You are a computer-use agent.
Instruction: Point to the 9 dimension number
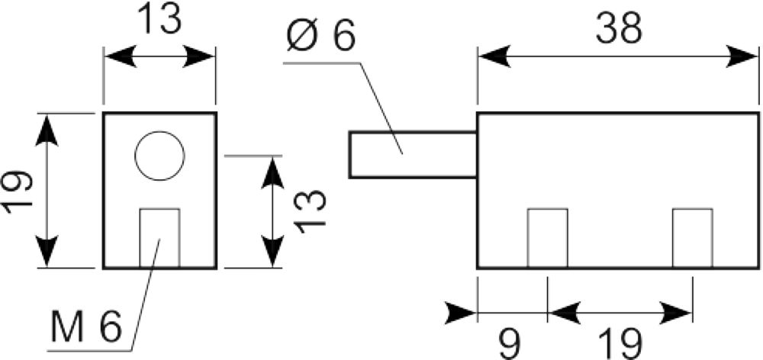tap(510, 343)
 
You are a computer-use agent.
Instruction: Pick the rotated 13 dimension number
tap(310, 211)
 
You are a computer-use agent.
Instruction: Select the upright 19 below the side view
tap(619, 343)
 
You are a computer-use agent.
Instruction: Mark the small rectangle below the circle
tap(159, 239)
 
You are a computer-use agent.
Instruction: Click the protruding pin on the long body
tap(413, 155)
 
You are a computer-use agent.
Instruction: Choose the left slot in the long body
tap(547, 239)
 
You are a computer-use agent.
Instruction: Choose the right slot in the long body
tap(693, 239)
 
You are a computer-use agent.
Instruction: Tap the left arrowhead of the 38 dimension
tap(494, 56)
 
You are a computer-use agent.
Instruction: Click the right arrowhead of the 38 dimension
tap(742, 56)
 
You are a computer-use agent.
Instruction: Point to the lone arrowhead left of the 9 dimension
tap(460, 312)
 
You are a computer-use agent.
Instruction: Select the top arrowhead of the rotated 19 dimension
tap(47, 130)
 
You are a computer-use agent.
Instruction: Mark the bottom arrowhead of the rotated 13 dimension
tap(272, 252)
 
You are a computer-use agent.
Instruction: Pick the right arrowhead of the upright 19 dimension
tap(675, 312)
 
